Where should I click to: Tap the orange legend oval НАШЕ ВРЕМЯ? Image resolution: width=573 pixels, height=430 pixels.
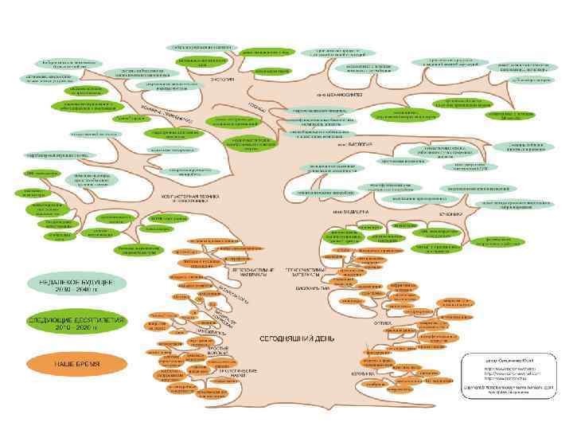point(77,363)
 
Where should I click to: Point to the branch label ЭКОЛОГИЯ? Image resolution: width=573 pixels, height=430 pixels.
point(222,80)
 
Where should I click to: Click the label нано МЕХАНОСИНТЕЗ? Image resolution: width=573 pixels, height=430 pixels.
point(340,96)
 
